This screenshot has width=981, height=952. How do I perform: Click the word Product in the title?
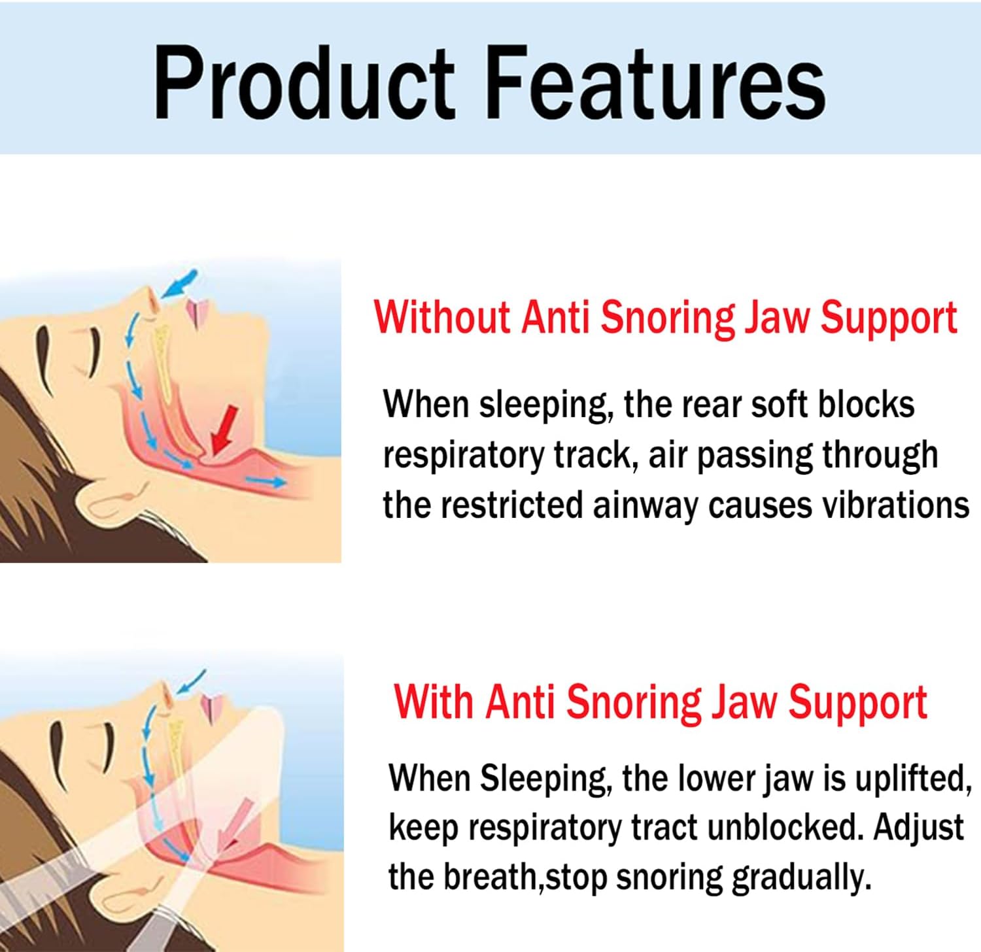[304, 82]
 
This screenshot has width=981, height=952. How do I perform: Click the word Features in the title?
[657, 82]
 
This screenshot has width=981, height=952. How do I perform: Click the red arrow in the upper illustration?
[224, 428]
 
